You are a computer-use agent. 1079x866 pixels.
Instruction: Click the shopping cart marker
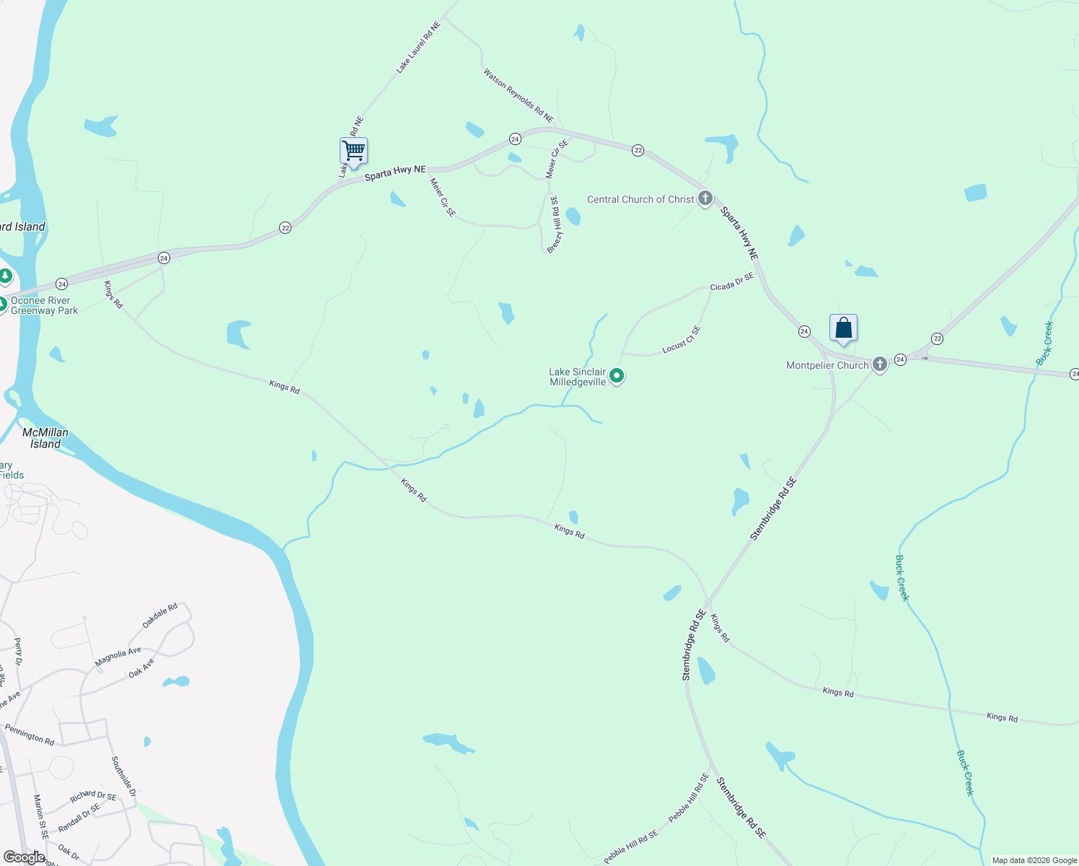353,152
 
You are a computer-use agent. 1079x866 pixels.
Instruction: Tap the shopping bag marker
843,329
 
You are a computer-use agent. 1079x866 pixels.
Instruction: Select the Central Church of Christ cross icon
705,198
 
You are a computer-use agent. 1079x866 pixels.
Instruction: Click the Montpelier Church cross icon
880,364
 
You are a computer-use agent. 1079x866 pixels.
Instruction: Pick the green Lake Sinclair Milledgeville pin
617,376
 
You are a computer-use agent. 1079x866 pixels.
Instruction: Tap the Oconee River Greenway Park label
44,306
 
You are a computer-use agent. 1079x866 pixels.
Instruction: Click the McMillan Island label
45,438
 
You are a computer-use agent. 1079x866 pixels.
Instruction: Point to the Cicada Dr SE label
731,282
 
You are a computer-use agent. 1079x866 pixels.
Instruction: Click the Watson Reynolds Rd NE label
518,95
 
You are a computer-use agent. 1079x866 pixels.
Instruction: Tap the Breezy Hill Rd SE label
553,224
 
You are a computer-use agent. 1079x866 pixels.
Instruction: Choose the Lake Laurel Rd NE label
418,48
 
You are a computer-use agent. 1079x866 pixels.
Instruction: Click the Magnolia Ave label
118,657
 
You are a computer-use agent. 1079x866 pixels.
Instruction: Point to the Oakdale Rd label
159,616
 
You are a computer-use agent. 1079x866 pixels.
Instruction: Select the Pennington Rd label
30,735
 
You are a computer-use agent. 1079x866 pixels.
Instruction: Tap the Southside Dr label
123,777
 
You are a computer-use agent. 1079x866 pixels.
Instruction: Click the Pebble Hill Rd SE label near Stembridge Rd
689,798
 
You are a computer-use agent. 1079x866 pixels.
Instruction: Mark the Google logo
25,857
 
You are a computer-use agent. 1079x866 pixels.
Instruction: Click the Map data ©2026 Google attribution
1034,860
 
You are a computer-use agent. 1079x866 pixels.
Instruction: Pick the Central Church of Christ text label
640,199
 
